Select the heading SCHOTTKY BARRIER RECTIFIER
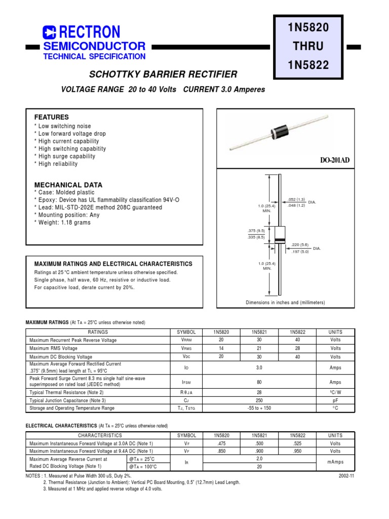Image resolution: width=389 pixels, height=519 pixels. coord(163,75)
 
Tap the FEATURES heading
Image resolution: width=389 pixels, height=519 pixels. coord(51,117)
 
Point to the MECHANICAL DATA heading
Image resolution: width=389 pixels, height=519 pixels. coord(68,185)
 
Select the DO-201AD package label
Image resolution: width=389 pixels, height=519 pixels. coord(334,160)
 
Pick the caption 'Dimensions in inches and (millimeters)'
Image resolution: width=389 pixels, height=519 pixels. coord(285,303)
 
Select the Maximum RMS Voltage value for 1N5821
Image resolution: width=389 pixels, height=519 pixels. coord(259,349)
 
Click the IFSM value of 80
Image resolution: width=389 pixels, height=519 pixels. coord(259,382)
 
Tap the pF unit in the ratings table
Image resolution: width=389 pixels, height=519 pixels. coord(335,400)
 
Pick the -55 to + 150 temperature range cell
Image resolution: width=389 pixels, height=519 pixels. coord(259,408)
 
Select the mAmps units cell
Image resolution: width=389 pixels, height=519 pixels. coord(335,462)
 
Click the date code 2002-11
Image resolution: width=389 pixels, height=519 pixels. coord(346,476)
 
